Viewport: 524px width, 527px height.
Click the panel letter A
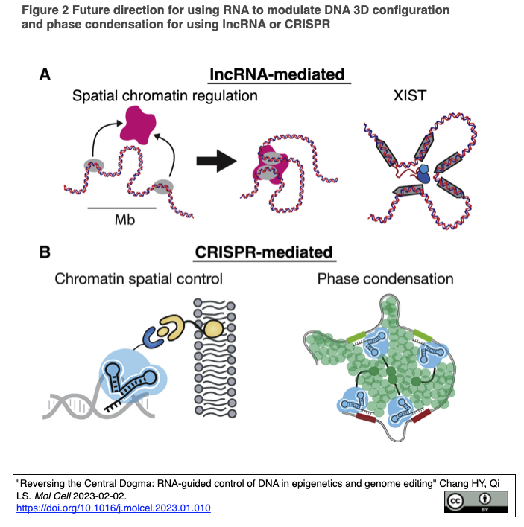tap(45, 74)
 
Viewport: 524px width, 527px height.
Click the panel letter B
tap(45, 253)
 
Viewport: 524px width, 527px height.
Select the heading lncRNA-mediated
tap(277, 74)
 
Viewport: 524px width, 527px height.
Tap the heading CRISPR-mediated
tap(263, 253)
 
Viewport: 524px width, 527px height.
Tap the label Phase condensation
tap(385, 280)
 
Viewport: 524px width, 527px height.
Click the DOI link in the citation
tap(113, 508)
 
